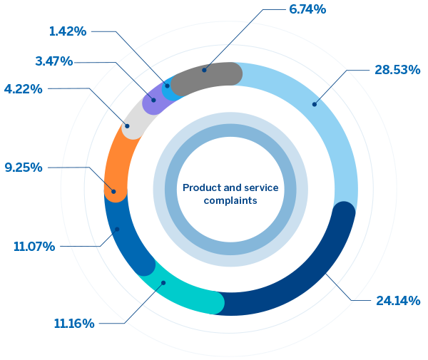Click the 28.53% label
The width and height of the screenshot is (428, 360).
click(396, 70)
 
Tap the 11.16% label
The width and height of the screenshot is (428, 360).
click(74, 324)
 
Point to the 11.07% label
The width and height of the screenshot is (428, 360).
click(34, 247)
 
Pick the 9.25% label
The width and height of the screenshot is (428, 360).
click(24, 168)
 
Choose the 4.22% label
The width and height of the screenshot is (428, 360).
click(24, 89)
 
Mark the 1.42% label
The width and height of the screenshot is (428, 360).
click(67, 31)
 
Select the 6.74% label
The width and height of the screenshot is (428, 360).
click(308, 9)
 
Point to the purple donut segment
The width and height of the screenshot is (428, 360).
click(154, 102)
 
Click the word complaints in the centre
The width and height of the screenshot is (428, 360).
click(230, 201)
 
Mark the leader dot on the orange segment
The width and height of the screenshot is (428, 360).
click(113, 190)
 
